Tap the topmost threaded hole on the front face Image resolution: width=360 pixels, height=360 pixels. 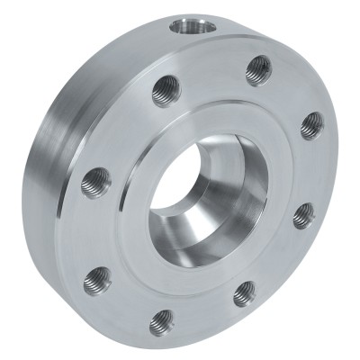point(258,68)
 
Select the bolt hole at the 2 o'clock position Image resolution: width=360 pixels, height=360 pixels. point(311,124)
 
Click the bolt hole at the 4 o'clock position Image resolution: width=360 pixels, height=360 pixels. point(304,214)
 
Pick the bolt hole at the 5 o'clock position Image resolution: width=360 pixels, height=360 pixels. point(245,292)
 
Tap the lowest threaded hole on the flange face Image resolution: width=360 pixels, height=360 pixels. point(162,319)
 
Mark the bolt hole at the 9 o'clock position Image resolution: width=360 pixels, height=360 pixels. point(95,184)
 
